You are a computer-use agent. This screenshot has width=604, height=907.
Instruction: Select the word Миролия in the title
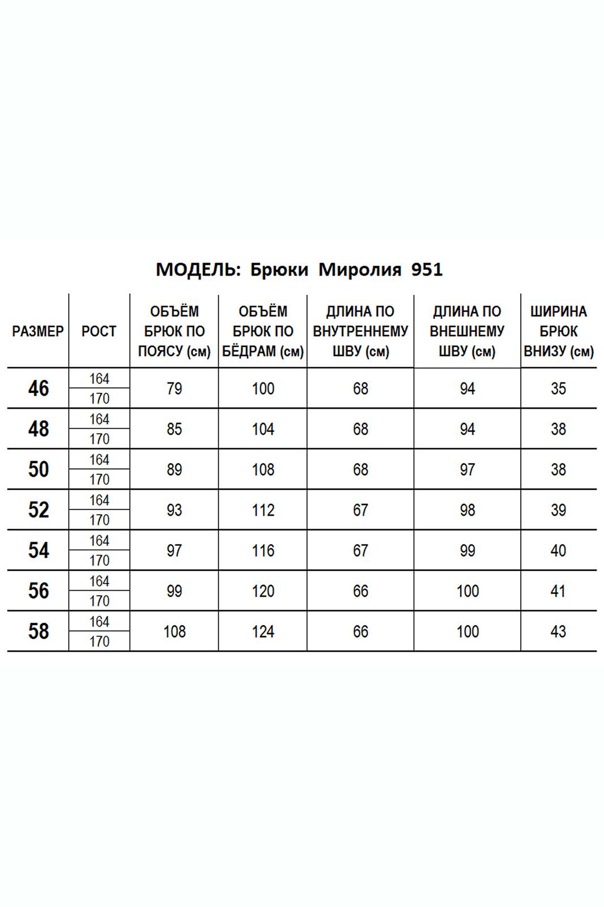360,270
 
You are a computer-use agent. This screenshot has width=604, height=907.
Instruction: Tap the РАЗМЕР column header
38,332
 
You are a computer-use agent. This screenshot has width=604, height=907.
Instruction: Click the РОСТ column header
99,332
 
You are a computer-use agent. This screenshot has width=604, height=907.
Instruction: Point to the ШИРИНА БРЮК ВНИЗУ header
558,332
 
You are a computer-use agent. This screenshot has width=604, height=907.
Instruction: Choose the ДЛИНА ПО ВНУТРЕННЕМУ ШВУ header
360,332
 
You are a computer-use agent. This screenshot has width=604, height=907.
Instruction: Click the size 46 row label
38,389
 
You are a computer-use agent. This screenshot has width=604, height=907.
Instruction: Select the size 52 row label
38,510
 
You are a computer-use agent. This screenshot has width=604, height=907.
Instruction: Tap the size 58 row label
38,631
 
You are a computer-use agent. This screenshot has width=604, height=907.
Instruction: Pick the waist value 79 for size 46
175,389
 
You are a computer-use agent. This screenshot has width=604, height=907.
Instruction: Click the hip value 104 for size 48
263,429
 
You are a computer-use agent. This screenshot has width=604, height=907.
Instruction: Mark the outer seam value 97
467,470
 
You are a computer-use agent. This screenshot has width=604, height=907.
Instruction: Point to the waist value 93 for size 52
175,510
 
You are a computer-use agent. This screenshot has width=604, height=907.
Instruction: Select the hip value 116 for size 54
263,550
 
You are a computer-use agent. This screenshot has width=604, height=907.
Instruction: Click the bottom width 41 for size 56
558,591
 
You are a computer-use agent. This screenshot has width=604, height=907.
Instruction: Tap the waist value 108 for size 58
175,631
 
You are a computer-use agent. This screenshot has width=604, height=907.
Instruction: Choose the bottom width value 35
558,389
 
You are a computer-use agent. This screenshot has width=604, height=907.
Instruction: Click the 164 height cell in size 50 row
99,460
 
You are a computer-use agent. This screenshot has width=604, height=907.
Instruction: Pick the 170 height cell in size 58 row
99,642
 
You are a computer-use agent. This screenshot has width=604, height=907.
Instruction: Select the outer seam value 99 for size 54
467,550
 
